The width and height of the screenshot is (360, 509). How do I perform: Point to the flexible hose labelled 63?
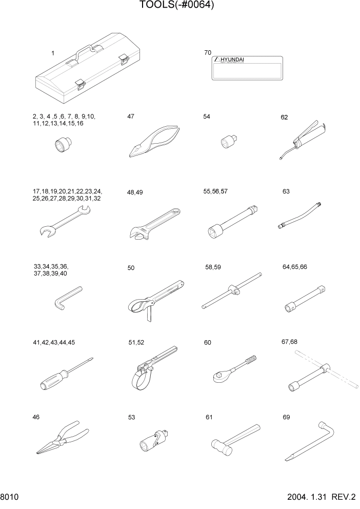[x=300, y=216]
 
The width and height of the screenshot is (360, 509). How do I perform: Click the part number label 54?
[x=207, y=117]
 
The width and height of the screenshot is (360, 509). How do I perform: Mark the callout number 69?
[x=286, y=417]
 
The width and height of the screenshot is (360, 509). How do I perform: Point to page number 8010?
[x=10, y=498]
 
